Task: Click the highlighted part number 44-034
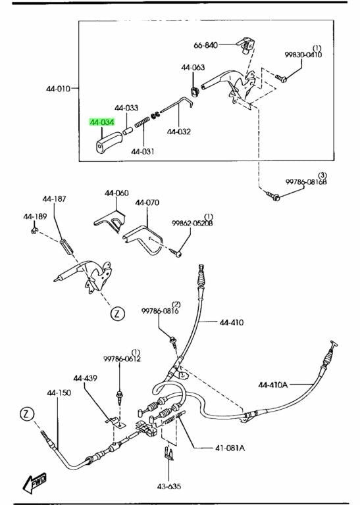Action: pos(102,122)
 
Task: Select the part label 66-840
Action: pos(205,45)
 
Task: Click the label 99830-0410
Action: pos(303,55)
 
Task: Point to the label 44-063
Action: pos(193,67)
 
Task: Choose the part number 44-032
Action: pos(179,132)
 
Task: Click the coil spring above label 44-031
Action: pos(141,123)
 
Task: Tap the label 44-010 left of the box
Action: pos(59,89)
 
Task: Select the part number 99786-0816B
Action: pos(306,181)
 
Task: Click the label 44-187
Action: pos(54,199)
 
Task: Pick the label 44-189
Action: pos(35,216)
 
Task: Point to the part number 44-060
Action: pos(116,193)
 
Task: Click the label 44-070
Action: pos(147,203)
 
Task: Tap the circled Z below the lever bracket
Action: pos(117,314)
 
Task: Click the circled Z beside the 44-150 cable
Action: pos(27,414)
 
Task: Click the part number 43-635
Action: pos(169,487)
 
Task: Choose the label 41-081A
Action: pos(230,448)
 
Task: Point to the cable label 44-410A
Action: pos(272,385)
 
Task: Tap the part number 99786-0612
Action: pos(122,359)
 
